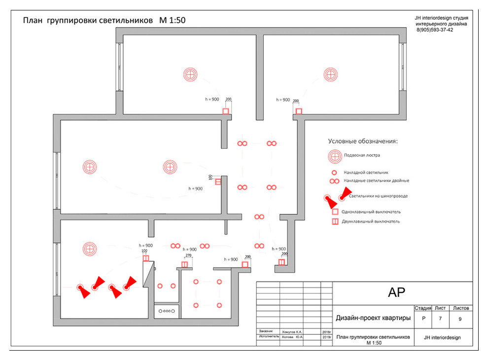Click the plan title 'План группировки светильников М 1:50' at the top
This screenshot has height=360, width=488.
pos(105,21)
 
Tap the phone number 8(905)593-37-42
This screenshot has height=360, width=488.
pos(435,30)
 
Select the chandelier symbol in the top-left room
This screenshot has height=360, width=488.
pos(190,74)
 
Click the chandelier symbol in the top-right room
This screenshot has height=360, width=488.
pos(331,74)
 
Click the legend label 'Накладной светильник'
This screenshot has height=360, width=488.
pos(366,173)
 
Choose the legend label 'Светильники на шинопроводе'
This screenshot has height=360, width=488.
pos(378,196)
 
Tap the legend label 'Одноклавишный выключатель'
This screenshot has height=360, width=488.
pos(371,212)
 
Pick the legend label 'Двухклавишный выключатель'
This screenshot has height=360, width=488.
pos(371,222)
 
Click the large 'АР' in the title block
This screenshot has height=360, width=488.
pos(397,292)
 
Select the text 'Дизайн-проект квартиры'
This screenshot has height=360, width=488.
pos(373,318)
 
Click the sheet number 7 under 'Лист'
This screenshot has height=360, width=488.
pos(440,319)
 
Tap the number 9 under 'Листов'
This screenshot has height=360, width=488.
pos(460,319)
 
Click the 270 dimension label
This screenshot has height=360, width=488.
pos(188,256)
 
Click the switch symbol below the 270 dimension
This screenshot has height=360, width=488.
pos(184,265)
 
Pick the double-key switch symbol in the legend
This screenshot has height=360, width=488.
pos(335,222)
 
